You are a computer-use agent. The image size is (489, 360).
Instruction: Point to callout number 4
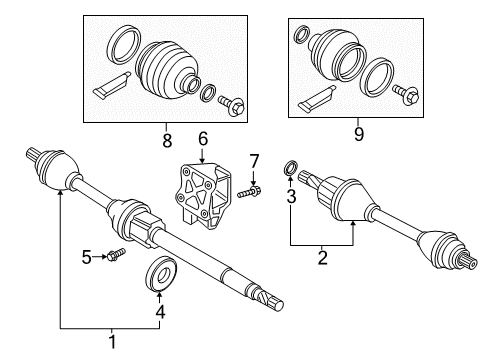click(159, 310)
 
